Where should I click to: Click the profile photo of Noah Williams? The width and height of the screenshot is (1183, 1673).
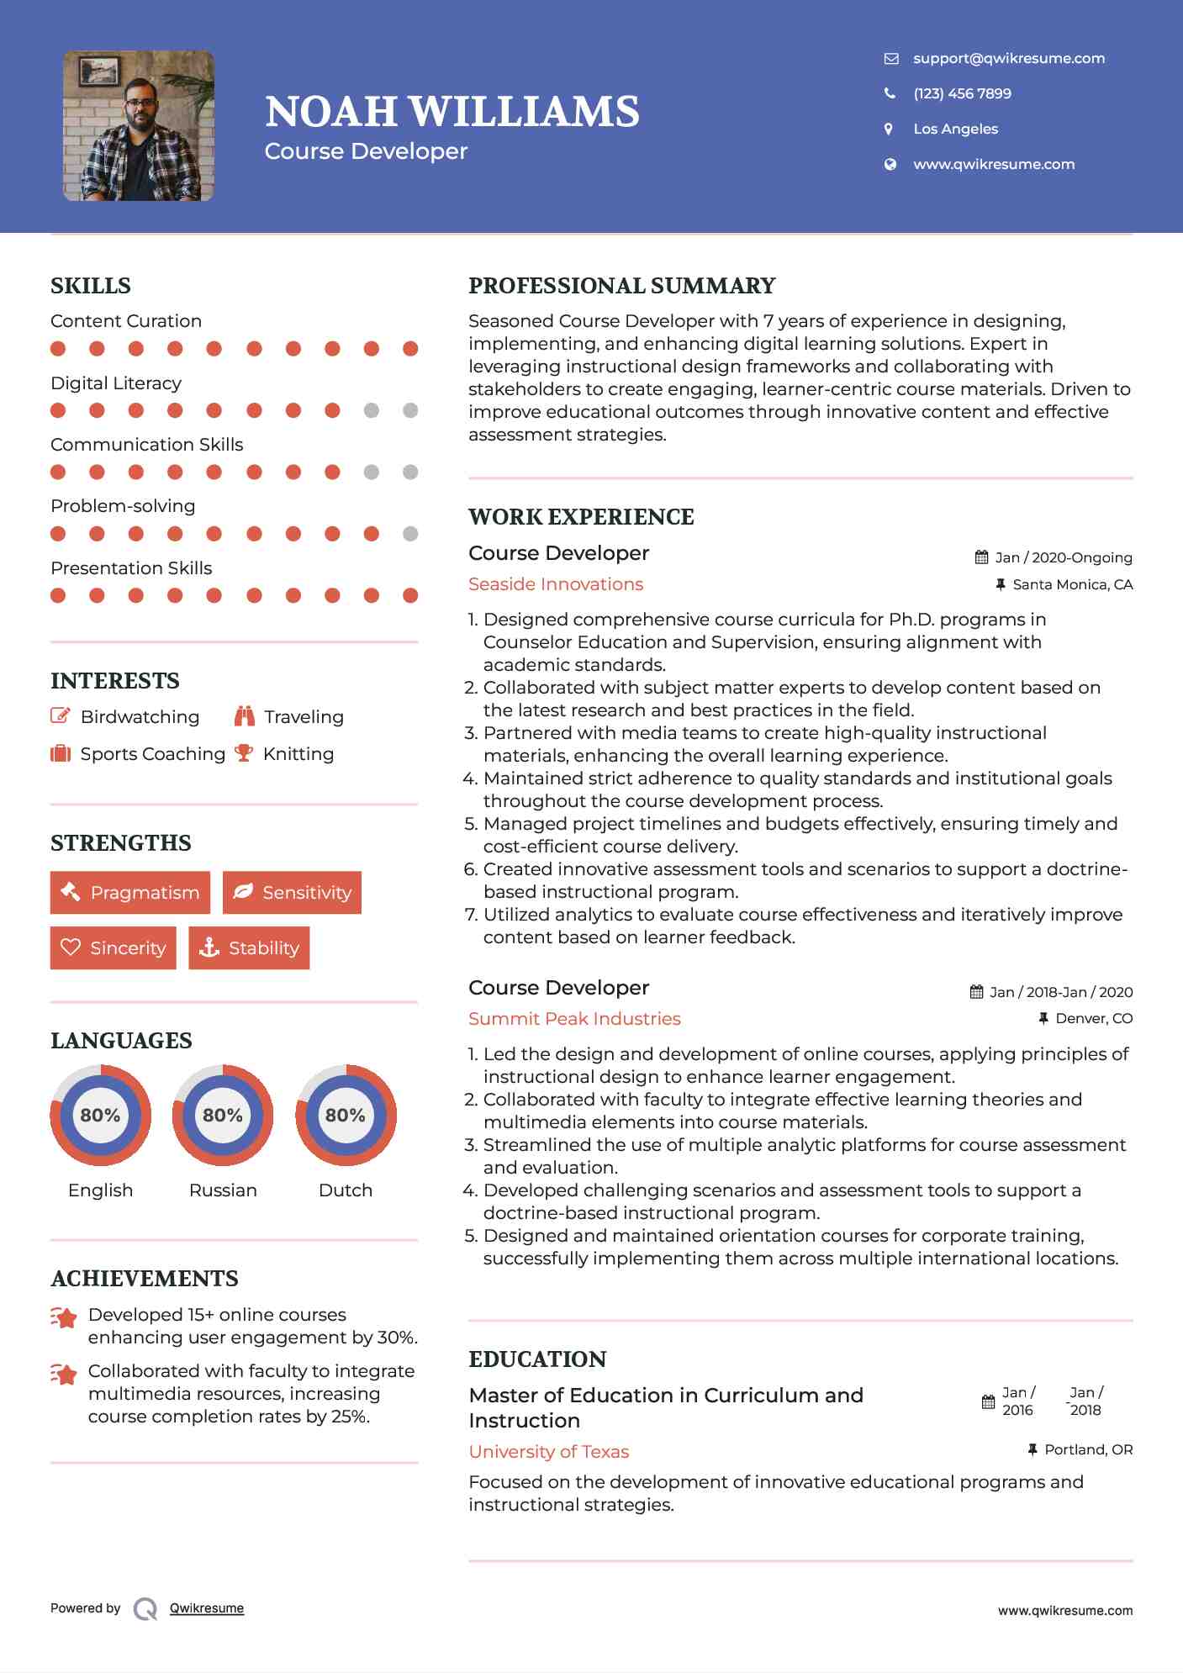pos(139,126)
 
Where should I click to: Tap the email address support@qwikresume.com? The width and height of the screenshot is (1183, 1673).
pos(1008,58)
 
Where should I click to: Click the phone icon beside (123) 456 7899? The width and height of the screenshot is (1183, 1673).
pos(890,93)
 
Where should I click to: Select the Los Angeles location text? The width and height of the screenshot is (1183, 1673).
pos(955,129)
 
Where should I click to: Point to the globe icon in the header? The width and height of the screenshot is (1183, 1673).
pos(890,164)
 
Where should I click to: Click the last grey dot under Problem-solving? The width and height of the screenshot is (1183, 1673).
pos(410,534)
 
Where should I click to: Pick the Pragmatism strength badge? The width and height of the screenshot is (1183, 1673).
pos(130,892)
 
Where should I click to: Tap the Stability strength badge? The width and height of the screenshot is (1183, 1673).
pos(249,947)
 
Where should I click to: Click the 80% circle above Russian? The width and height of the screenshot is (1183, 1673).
pos(223,1115)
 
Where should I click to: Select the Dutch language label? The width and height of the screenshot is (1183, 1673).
pos(345,1190)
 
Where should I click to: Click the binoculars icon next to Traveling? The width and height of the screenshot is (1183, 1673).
pos(244,716)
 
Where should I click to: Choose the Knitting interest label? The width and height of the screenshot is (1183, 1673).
pos(298,753)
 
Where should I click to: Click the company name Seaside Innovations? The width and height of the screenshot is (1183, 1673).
pos(555,583)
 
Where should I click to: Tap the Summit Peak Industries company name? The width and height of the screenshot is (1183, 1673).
pos(574,1018)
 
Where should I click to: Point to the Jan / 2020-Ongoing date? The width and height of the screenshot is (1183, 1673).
pos(1063,557)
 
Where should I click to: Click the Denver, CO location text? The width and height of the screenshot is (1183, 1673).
pos(1093,1018)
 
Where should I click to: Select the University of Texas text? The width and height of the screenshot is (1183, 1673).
pos(548,1451)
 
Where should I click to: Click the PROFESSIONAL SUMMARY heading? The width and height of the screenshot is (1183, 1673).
pos(621,286)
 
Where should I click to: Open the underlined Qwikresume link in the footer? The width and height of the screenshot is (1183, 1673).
pos(207,1607)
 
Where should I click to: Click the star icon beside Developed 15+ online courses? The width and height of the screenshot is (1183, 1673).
pos(64,1317)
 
